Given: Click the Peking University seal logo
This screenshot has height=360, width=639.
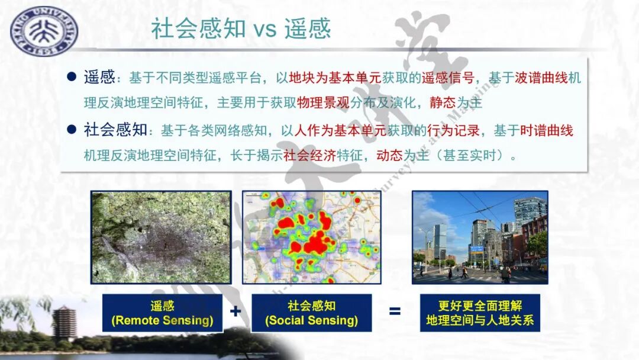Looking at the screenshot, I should pyautogui.click(x=43, y=31).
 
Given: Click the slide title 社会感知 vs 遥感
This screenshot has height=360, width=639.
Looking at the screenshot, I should pyautogui.click(x=240, y=28).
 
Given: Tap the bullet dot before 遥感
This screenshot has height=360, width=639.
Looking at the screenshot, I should pyautogui.click(x=72, y=76).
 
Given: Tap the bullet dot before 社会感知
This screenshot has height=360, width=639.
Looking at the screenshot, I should pyautogui.click(x=72, y=129).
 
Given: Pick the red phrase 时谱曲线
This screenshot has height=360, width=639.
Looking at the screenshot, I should pyautogui.click(x=547, y=130).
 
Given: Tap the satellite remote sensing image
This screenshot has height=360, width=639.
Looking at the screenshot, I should pyautogui.click(x=161, y=236).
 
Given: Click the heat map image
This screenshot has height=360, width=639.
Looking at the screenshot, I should pyautogui.click(x=312, y=236).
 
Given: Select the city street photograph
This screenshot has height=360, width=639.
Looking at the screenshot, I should pyautogui.click(x=480, y=236).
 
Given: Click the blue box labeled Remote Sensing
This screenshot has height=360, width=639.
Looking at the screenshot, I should pyautogui.click(x=162, y=313).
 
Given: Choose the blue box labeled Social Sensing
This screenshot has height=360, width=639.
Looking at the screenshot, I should pyautogui.click(x=312, y=313).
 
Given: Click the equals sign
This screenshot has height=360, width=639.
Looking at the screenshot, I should pyautogui.click(x=395, y=311).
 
